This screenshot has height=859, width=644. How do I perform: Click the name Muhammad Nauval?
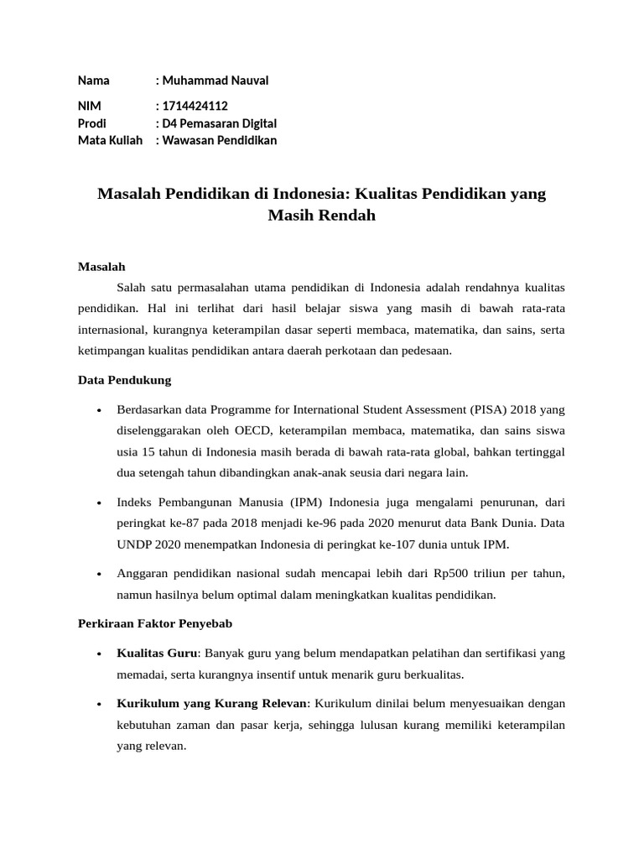coord(216,81)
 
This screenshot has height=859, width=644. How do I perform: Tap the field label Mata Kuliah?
coord(110,140)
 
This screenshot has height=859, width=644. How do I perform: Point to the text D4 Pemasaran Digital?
coord(220,123)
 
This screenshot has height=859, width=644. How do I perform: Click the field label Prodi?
coord(91,123)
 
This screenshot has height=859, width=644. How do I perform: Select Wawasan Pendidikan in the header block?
coord(220,140)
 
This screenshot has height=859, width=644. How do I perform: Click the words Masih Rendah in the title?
coord(321,216)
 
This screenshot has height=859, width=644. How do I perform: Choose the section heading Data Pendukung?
coord(124,380)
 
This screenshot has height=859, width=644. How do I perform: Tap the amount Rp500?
coord(451,574)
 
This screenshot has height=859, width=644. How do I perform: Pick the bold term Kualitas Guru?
coord(157,653)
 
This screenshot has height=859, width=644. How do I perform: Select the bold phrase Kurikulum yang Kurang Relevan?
coord(213,702)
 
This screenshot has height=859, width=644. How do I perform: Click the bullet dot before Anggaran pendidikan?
coord(100,575)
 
